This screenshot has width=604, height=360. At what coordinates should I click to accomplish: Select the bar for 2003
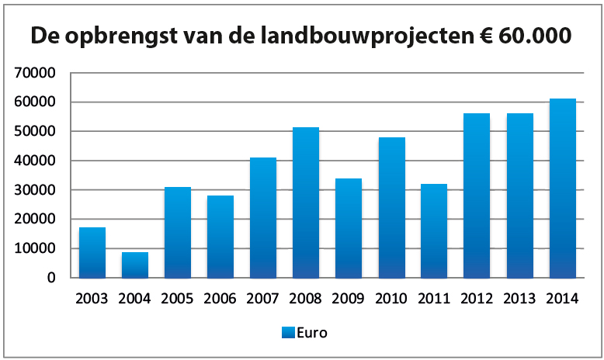[92, 252]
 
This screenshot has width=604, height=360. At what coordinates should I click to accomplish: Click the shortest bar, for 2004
[135, 265]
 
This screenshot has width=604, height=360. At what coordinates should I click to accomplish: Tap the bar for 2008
[306, 202]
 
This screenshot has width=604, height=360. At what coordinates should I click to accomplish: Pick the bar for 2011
[434, 230]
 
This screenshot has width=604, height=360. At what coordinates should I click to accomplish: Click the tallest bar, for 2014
[562, 188]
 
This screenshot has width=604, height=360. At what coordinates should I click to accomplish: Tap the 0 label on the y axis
[51, 278]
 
